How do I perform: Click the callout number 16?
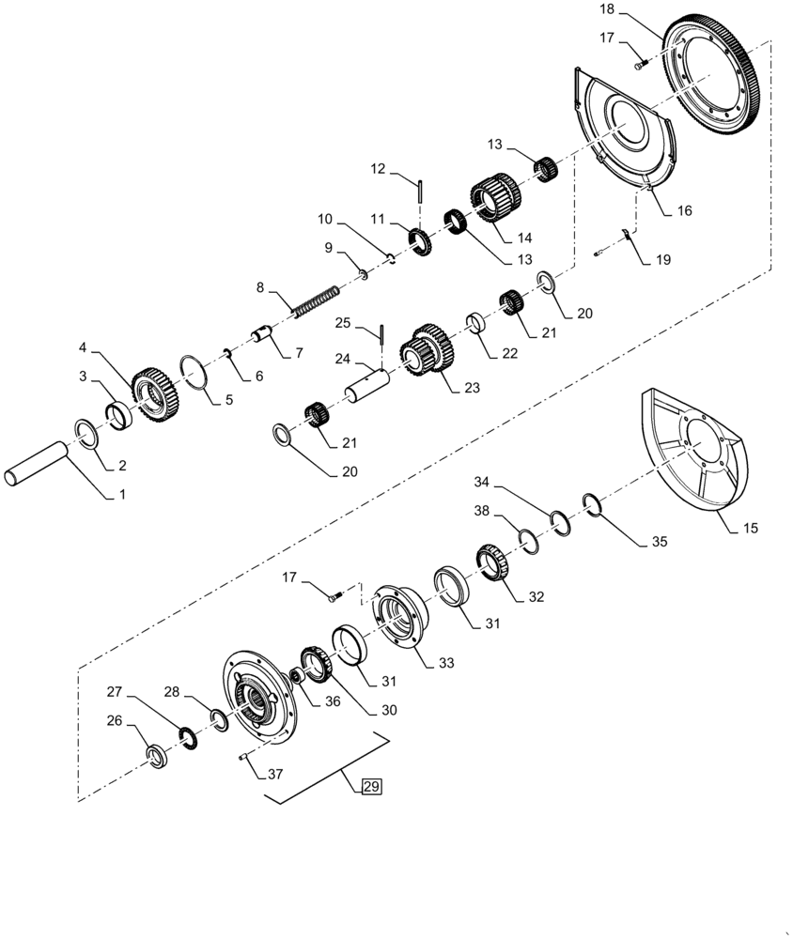[x=684, y=211]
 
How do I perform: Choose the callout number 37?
[x=274, y=775]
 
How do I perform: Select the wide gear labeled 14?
[x=494, y=201]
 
